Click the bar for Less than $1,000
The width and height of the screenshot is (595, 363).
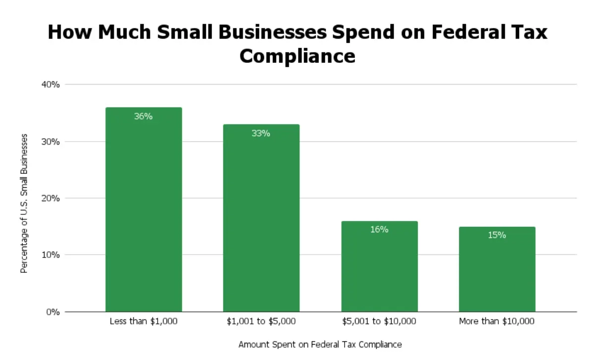point(143,213)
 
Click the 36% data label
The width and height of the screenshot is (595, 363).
point(143,117)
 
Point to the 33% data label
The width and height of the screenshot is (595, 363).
point(261,133)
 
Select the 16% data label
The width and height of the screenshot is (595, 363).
point(379,229)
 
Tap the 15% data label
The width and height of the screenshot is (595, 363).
point(497,235)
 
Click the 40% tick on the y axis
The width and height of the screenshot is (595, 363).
point(51,85)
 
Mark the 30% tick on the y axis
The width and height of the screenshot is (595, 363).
point(51,142)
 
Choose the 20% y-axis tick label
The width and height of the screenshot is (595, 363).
point(51,198)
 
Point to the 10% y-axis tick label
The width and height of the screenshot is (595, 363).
point(51,255)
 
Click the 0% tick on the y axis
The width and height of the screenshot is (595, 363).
point(53,312)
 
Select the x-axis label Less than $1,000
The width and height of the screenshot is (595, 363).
point(143,321)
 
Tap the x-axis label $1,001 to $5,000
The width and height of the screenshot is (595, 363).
point(261,321)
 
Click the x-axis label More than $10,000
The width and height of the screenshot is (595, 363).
point(497,321)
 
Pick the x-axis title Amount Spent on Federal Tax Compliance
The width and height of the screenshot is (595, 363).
point(320,344)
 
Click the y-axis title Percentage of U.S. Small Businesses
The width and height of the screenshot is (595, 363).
point(23,203)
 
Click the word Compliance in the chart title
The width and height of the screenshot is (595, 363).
point(297,55)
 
